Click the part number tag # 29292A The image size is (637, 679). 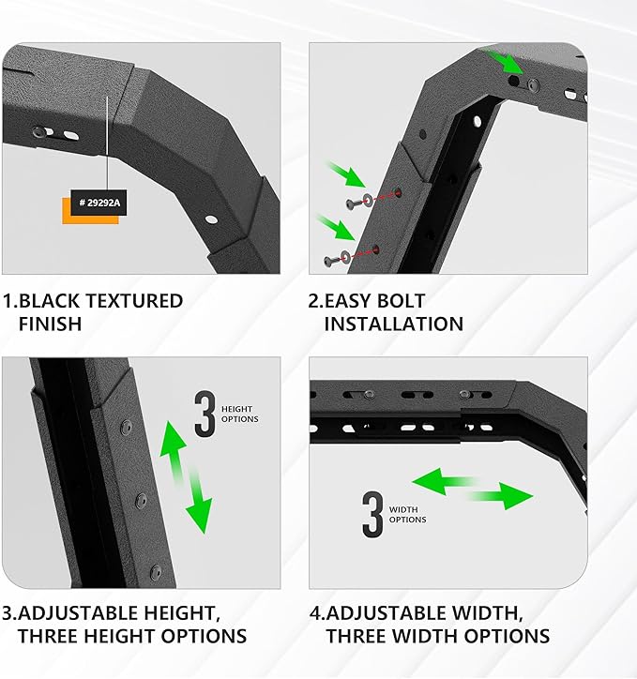point(99,202)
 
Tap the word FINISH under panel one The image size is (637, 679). point(51,324)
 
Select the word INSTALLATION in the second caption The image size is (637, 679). point(393,324)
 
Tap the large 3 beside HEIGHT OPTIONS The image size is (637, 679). point(205,414)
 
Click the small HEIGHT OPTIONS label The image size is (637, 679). point(239,414)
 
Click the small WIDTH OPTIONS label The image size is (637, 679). point(407,514)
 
